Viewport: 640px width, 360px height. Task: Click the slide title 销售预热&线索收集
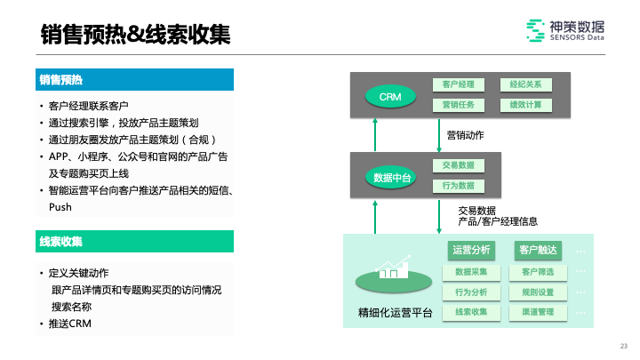[x=136, y=36]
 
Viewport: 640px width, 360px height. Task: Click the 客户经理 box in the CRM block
[x=458, y=84]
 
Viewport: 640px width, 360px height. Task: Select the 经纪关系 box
[x=525, y=84]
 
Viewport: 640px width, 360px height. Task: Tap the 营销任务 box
[x=458, y=105]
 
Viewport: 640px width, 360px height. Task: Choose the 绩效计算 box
[x=525, y=105]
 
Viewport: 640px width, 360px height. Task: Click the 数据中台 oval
[x=391, y=177]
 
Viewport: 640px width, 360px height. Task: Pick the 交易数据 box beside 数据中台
[x=458, y=165]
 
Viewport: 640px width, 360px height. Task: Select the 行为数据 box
[x=458, y=186]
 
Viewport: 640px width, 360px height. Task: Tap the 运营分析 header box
[x=471, y=250]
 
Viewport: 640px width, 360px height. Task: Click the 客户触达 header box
[x=538, y=250]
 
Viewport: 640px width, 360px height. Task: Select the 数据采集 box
[x=471, y=271]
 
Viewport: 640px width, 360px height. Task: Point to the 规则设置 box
[x=538, y=292]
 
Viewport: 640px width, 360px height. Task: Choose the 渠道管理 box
[x=538, y=312]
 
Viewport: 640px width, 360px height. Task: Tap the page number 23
[x=623, y=346]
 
